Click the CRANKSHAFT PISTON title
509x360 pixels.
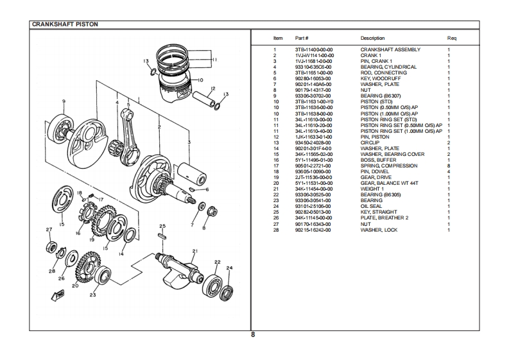tap(65, 24)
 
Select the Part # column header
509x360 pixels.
tap(302, 38)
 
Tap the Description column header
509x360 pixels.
tap(372, 38)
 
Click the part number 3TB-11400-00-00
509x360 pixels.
tap(314, 49)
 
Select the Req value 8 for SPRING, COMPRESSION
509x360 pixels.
tap(449, 166)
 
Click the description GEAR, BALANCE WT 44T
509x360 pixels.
tap(389, 183)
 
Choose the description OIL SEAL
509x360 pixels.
tap(371, 206)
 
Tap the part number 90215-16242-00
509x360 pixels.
tap(313, 230)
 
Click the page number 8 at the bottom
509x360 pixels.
tap(253, 335)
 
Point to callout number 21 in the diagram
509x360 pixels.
tap(194, 251)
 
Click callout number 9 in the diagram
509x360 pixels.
tap(64, 101)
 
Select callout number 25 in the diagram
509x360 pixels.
tap(162, 226)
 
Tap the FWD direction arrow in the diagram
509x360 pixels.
tap(58, 295)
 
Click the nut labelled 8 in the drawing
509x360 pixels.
tap(212, 212)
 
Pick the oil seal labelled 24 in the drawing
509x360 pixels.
tap(227, 293)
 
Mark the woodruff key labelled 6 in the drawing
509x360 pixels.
tap(192, 189)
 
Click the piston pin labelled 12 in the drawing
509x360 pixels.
tap(203, 99)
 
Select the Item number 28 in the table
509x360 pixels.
tap(276, 230)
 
